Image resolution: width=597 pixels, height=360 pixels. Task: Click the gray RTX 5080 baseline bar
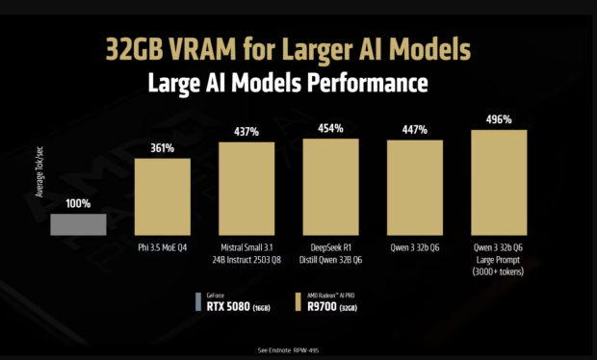click(x=79, y=224)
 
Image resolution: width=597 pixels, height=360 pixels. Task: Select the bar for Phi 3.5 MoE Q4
click(x=162, y=197)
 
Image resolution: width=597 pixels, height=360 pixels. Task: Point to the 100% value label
click(x=78, y=205)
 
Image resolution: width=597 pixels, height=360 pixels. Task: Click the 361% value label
click(x=162, y=149)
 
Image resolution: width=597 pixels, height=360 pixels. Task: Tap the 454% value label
click(x=331, y=127)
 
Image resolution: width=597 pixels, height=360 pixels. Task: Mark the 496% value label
click(x=499, y=120)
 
